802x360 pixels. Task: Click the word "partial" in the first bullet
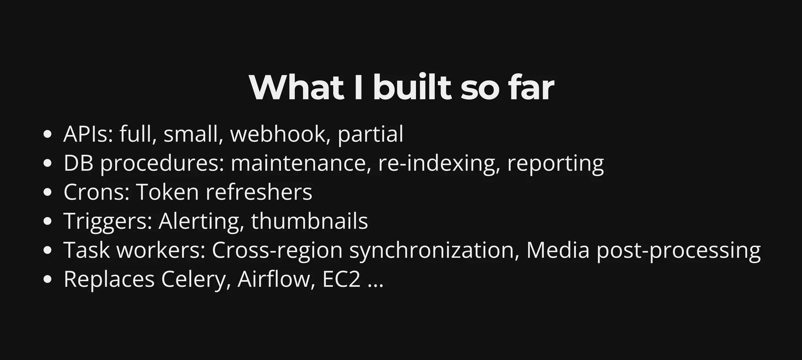[x=370, y=135]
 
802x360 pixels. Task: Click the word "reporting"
[x=555, y=164]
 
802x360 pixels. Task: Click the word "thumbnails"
[x=309, y=221]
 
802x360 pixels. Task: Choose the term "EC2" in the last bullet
[x=341, y=279]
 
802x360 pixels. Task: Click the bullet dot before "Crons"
[x=47, y=192]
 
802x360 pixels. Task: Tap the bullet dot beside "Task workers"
[x=47, y=250]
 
